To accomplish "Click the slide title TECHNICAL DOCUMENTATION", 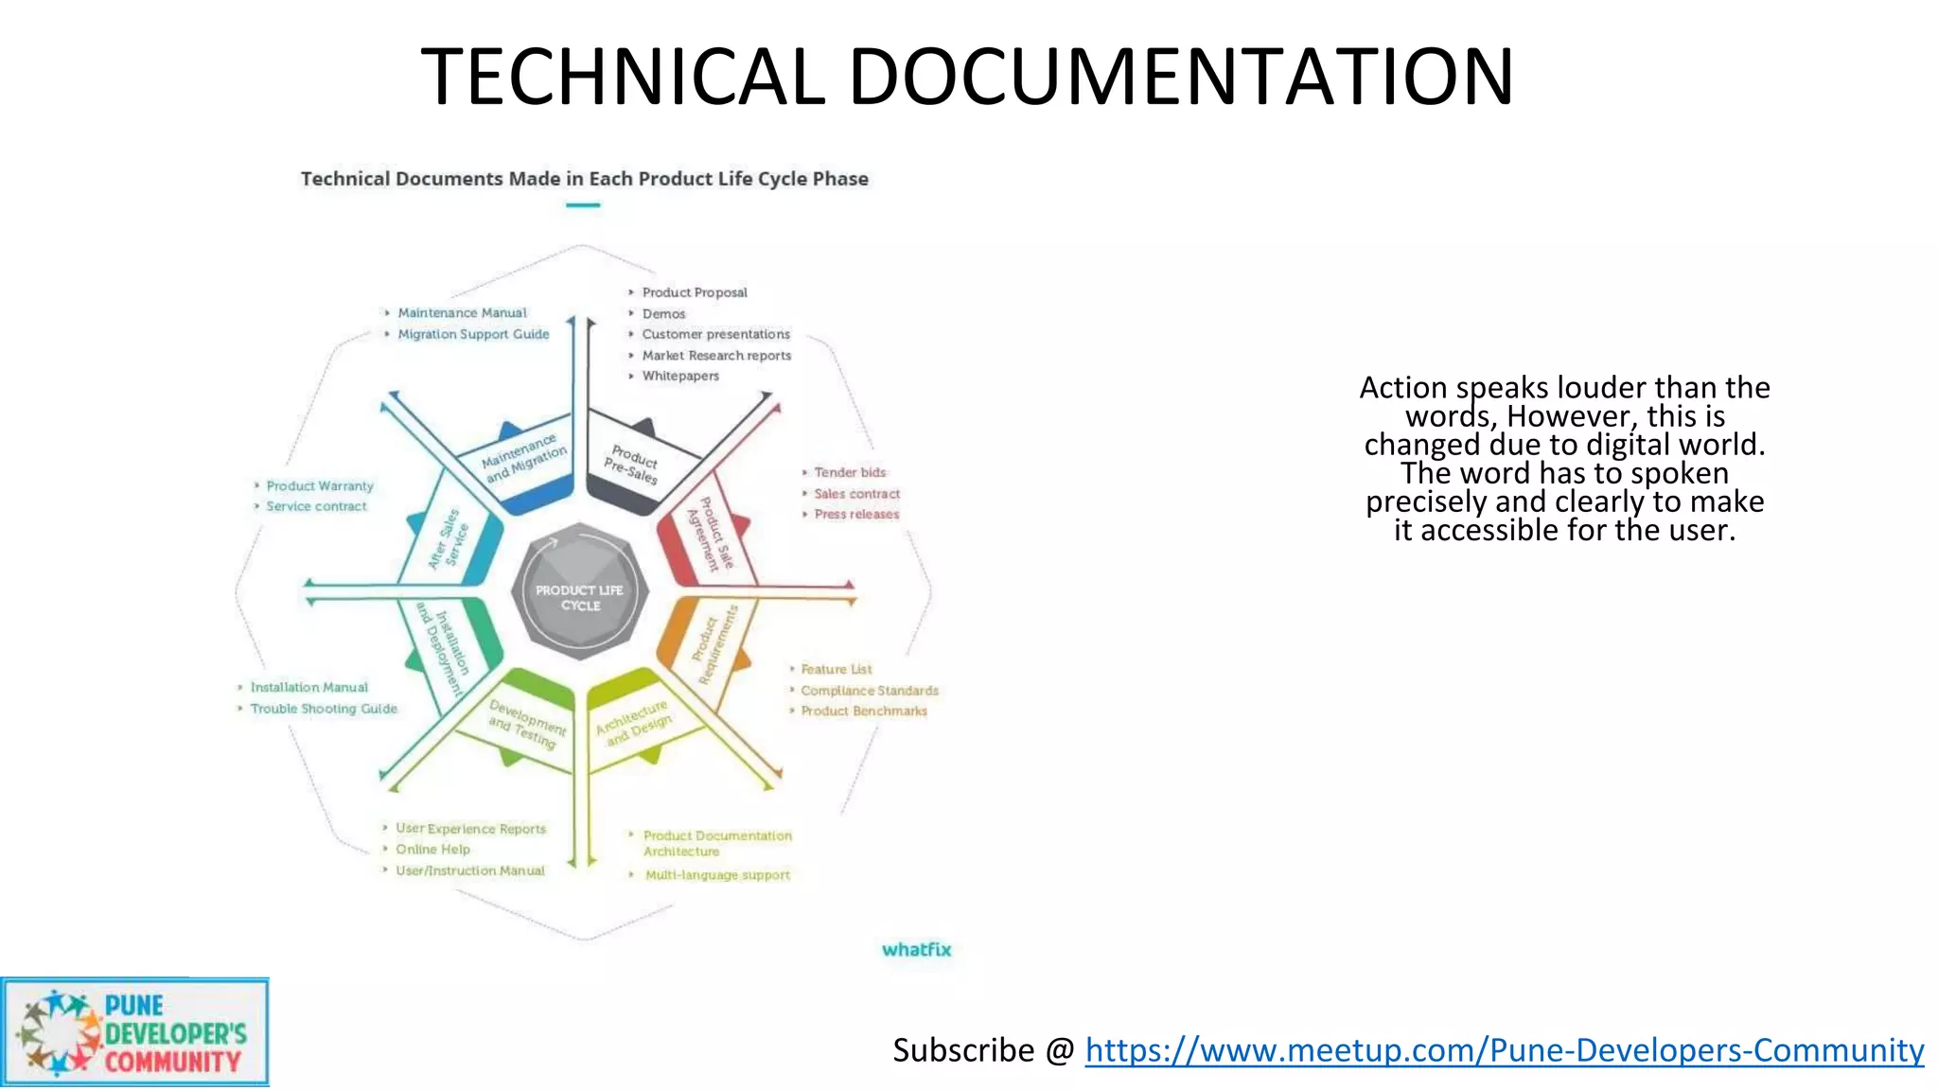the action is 967,77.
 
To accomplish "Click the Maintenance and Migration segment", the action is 523,459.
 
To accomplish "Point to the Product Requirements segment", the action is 714,643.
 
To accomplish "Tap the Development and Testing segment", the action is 525,723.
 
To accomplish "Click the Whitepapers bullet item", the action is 679,377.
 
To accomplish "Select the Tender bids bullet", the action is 850,472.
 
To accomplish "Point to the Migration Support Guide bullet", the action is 473,334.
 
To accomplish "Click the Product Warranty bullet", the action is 320,486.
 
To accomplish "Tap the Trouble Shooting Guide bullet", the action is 324,709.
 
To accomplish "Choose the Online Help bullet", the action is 432,850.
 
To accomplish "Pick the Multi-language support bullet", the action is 717,875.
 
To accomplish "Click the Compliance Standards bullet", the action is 870,691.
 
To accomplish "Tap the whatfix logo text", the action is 916,950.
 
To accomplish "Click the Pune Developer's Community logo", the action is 134,1033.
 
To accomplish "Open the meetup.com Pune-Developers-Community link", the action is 1504,1050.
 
